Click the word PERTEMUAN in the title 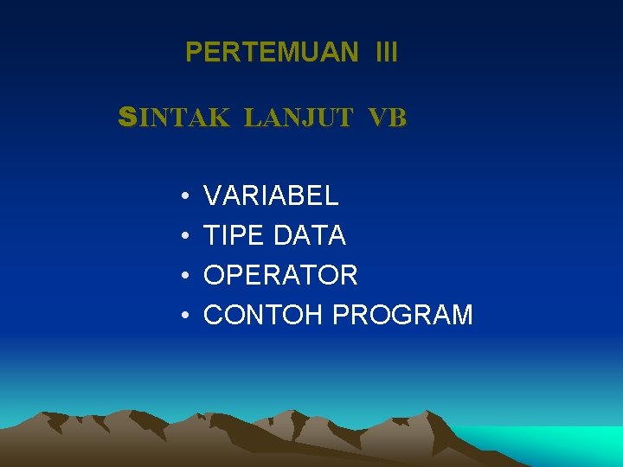pos(272,53)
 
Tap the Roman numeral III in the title pos(387,53)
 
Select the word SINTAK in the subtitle pos(174,118)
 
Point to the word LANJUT pos(298,118)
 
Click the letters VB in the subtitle pos(386,118)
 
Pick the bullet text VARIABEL pos(271,195)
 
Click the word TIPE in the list pos(234,235)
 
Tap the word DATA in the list pos(310,235)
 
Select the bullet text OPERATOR pos(280,275)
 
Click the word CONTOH pos(264,315)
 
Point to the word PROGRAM pos(402,315)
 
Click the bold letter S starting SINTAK pos(127,118)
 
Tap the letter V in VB pos(376,118)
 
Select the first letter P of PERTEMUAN pos(193,53)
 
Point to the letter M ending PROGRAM pos(461,315)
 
